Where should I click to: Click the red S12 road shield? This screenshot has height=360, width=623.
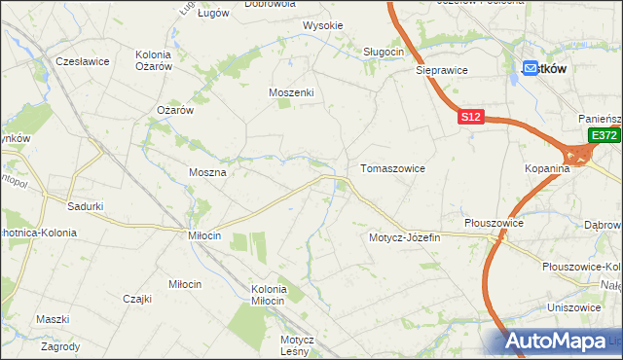[471, 117]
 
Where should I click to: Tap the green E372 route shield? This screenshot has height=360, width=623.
[604, 137]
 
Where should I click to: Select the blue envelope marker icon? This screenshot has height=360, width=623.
[531, 69]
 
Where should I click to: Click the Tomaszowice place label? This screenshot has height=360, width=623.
[392, 168]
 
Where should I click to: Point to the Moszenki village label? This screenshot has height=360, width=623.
[291, 92]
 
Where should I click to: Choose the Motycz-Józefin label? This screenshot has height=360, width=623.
[405, 237]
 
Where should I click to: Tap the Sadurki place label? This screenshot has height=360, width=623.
[86, 206]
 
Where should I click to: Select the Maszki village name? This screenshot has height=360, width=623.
[53, 319]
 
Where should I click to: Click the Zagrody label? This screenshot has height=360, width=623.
[60, 345]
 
